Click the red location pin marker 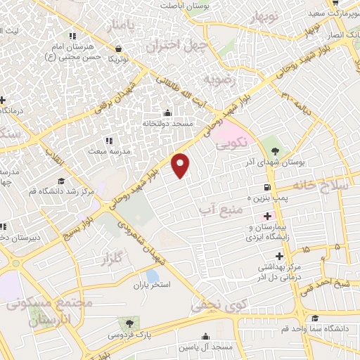click(181, 165)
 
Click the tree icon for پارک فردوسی click(129, 322)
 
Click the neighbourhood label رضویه click(218, 77)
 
